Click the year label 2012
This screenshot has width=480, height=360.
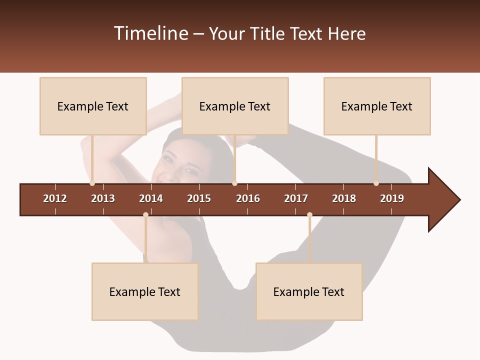click(x=55, y=198)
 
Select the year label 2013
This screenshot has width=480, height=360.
click(x=103, y=198)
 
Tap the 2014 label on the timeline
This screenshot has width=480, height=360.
click(x=151, y=198)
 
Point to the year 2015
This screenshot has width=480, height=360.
click(x=199, y=198)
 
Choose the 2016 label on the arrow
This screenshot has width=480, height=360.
click(x=248, y=198)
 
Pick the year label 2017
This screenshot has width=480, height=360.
click(x=296, y=198)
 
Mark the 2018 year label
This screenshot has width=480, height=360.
click(x=344, y=198)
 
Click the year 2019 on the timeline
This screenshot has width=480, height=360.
click(x=392, y=198)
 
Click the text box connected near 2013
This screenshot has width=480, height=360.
click(x=93, y=106)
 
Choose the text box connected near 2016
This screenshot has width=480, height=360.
click(x=235, y=106)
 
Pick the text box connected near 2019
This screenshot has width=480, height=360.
click(x=377, y=106)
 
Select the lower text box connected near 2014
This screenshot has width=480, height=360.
click(x=145, y=291)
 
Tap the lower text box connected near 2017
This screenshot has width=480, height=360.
click(x=309, y=291)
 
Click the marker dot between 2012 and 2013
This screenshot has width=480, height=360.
click(x=92, y=183)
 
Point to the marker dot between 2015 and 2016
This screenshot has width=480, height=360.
click(x=235, y=183)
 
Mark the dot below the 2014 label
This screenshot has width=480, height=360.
click(x=145, y=215)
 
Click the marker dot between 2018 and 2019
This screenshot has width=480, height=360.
click(x=376, y=183)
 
